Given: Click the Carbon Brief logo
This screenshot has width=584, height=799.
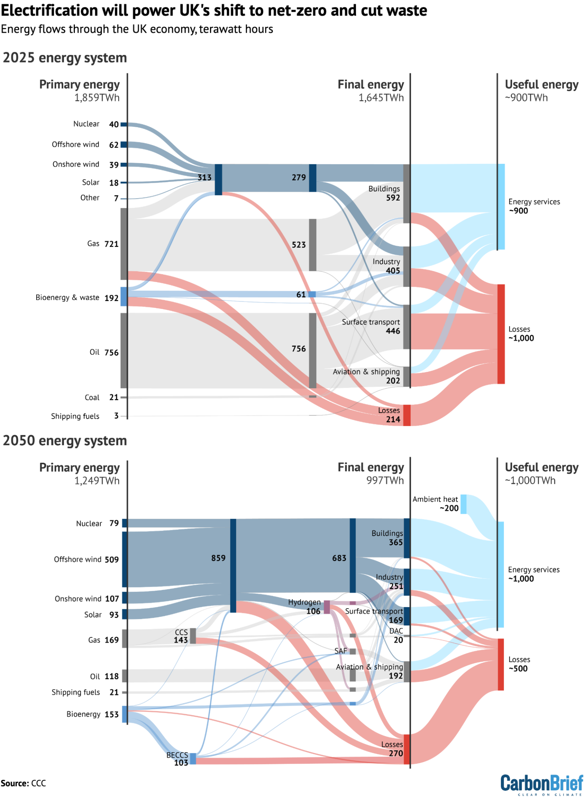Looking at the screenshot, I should pyautogui.click(x=541, y=784).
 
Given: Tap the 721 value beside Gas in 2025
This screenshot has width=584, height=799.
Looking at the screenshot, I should pyautogui.click(x=111, y=244).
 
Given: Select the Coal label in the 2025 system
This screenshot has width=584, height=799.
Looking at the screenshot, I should pyautogui.click(x=92, y=398).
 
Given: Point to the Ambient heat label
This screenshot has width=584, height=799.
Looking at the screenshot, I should pyautogui.click(x=435, y=499).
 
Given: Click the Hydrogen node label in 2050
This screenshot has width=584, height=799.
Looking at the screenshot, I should pyautogui.click(x=304, y=602).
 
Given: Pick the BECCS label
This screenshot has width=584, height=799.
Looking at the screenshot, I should pyautogui.click(x=177, y=755).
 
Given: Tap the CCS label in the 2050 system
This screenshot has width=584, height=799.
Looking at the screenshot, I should pyautogui.click(x=181, y=632).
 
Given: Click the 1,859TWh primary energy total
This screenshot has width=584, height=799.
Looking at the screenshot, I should pyautogui.click(x=97, y=98).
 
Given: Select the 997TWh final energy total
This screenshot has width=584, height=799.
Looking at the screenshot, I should pyautogui.click(x=385, y=480).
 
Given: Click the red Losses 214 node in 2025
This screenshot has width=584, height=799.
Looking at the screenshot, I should pyautogui.click(x=406, y=415).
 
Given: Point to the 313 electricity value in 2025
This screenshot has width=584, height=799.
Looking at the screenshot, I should pyautogui.click(x=204, y=178).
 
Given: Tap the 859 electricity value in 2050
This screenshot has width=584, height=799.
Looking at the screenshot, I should pyautogui.click(x=218, y=558).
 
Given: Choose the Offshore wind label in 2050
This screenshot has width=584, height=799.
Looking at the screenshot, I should pyautogui.click(x=78, y=559).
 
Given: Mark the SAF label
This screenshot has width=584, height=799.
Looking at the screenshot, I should pyautogui.click(x=340, y=651).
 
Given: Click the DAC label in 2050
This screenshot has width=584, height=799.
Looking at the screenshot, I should pyautogui.click(x=396, y=631).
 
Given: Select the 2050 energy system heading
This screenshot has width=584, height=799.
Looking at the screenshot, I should pyautogui.click(x=65, y=441).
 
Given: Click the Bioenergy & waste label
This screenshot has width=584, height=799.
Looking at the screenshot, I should pyautogui.click(x=68, y=298).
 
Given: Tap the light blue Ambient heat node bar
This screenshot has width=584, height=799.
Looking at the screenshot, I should pyautogui.click(x=463, y=504).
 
